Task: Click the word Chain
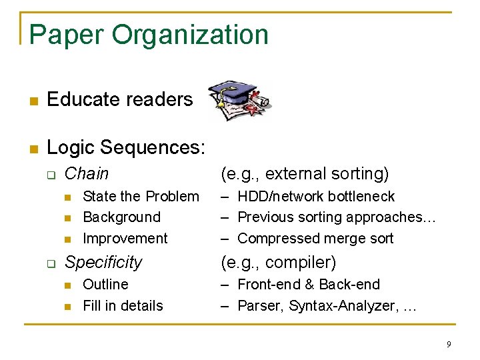click(87, 174)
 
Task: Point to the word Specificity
click(103, 263)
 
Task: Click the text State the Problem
click(141, 197)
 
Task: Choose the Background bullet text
click(121, 217)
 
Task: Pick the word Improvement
click(125, 239)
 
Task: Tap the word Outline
click(105, 285)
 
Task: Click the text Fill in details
click(123, 306)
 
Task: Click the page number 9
click(449, 345)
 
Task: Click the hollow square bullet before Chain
click(49, 175)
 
